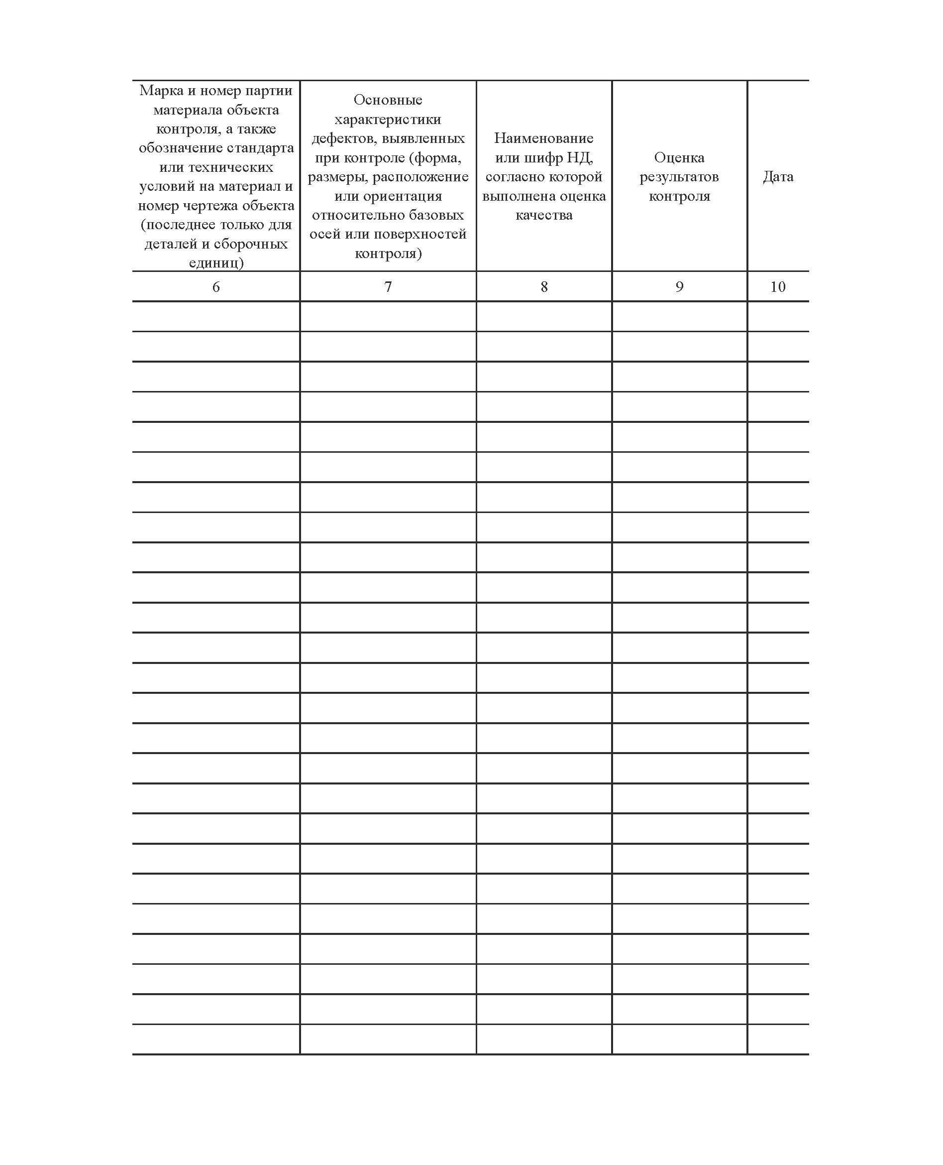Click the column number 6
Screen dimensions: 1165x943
[x=215, y=287]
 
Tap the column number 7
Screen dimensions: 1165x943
[x=388, y=287]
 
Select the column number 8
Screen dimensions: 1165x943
[x=544, y=287]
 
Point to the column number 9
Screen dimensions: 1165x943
[x=679, y=287]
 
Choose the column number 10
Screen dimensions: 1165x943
[x=778, y=287]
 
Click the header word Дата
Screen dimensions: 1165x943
[x=778, y=177]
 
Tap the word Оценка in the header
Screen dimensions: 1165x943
[x=679, y=158]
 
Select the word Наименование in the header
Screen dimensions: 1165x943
[x=544, y=138]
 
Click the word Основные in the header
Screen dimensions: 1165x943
[x=388, y=100]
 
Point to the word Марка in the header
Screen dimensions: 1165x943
[x=158, y=91]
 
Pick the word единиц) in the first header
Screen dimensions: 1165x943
[x=215, y=263]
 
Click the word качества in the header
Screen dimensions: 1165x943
[x=544, y=215]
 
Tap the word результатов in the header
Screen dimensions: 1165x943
[x=679, y=177]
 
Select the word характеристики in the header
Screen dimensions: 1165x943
[x=388, y=119]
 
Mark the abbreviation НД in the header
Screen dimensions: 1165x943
[x=580, y=158]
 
